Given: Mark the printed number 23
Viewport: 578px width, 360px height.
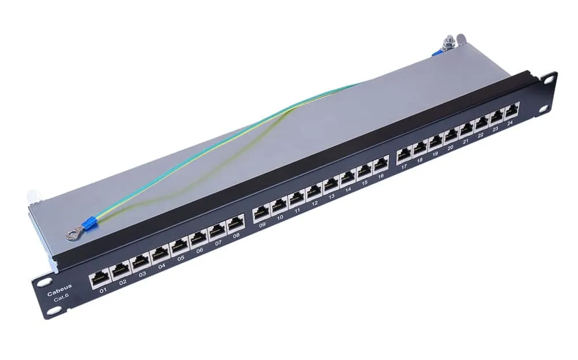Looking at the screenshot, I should (495, 130).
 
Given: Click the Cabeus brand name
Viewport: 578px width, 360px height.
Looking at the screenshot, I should (60, 287).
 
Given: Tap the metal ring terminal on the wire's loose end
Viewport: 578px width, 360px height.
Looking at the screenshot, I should (72, 233).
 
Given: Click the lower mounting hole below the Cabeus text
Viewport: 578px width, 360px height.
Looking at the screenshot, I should (53, 311).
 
